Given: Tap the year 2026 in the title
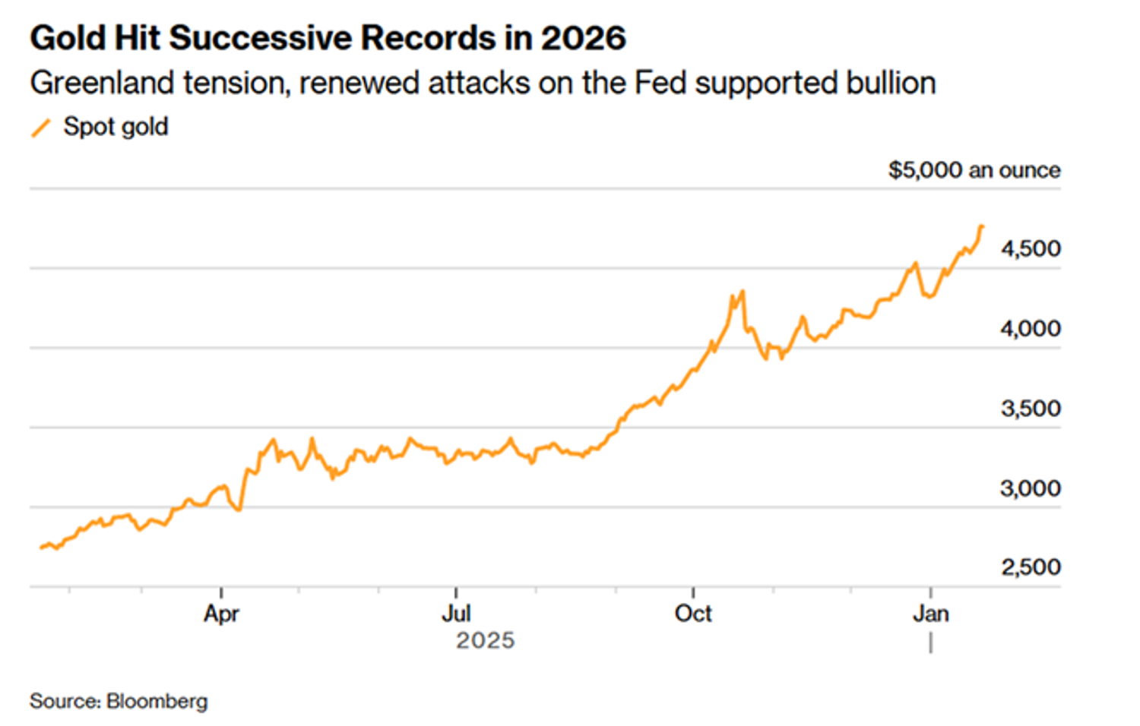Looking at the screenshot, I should (x=583, y=38).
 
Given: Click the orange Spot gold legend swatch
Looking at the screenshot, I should (x=41, y=128).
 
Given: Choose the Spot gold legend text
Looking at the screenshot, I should (x=116, y=127).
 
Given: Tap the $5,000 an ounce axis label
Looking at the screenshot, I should (x=974, y=170).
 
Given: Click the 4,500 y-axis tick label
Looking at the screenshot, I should (x=1030, y=249).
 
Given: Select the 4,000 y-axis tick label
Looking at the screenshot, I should (x=1030, y=329).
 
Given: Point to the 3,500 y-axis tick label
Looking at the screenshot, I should (x=1030, y=409).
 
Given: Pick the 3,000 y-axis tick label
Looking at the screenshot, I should (x=1030, y=488).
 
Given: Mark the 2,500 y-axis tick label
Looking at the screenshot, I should (x=1030, y=567).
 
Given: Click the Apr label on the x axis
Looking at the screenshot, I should (x=221, y=614).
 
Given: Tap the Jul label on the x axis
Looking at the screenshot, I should (x=456, y=614).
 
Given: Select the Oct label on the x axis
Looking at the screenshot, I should (x=693, y=614).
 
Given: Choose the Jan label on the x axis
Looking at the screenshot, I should (x=930, y=614).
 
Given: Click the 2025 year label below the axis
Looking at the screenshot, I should (x=485, y=641).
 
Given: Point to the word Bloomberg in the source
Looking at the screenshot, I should (x=157, y=701).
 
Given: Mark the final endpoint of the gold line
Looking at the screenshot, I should (x=982, y=226).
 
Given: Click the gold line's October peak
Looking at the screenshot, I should (x=742, y=292).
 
